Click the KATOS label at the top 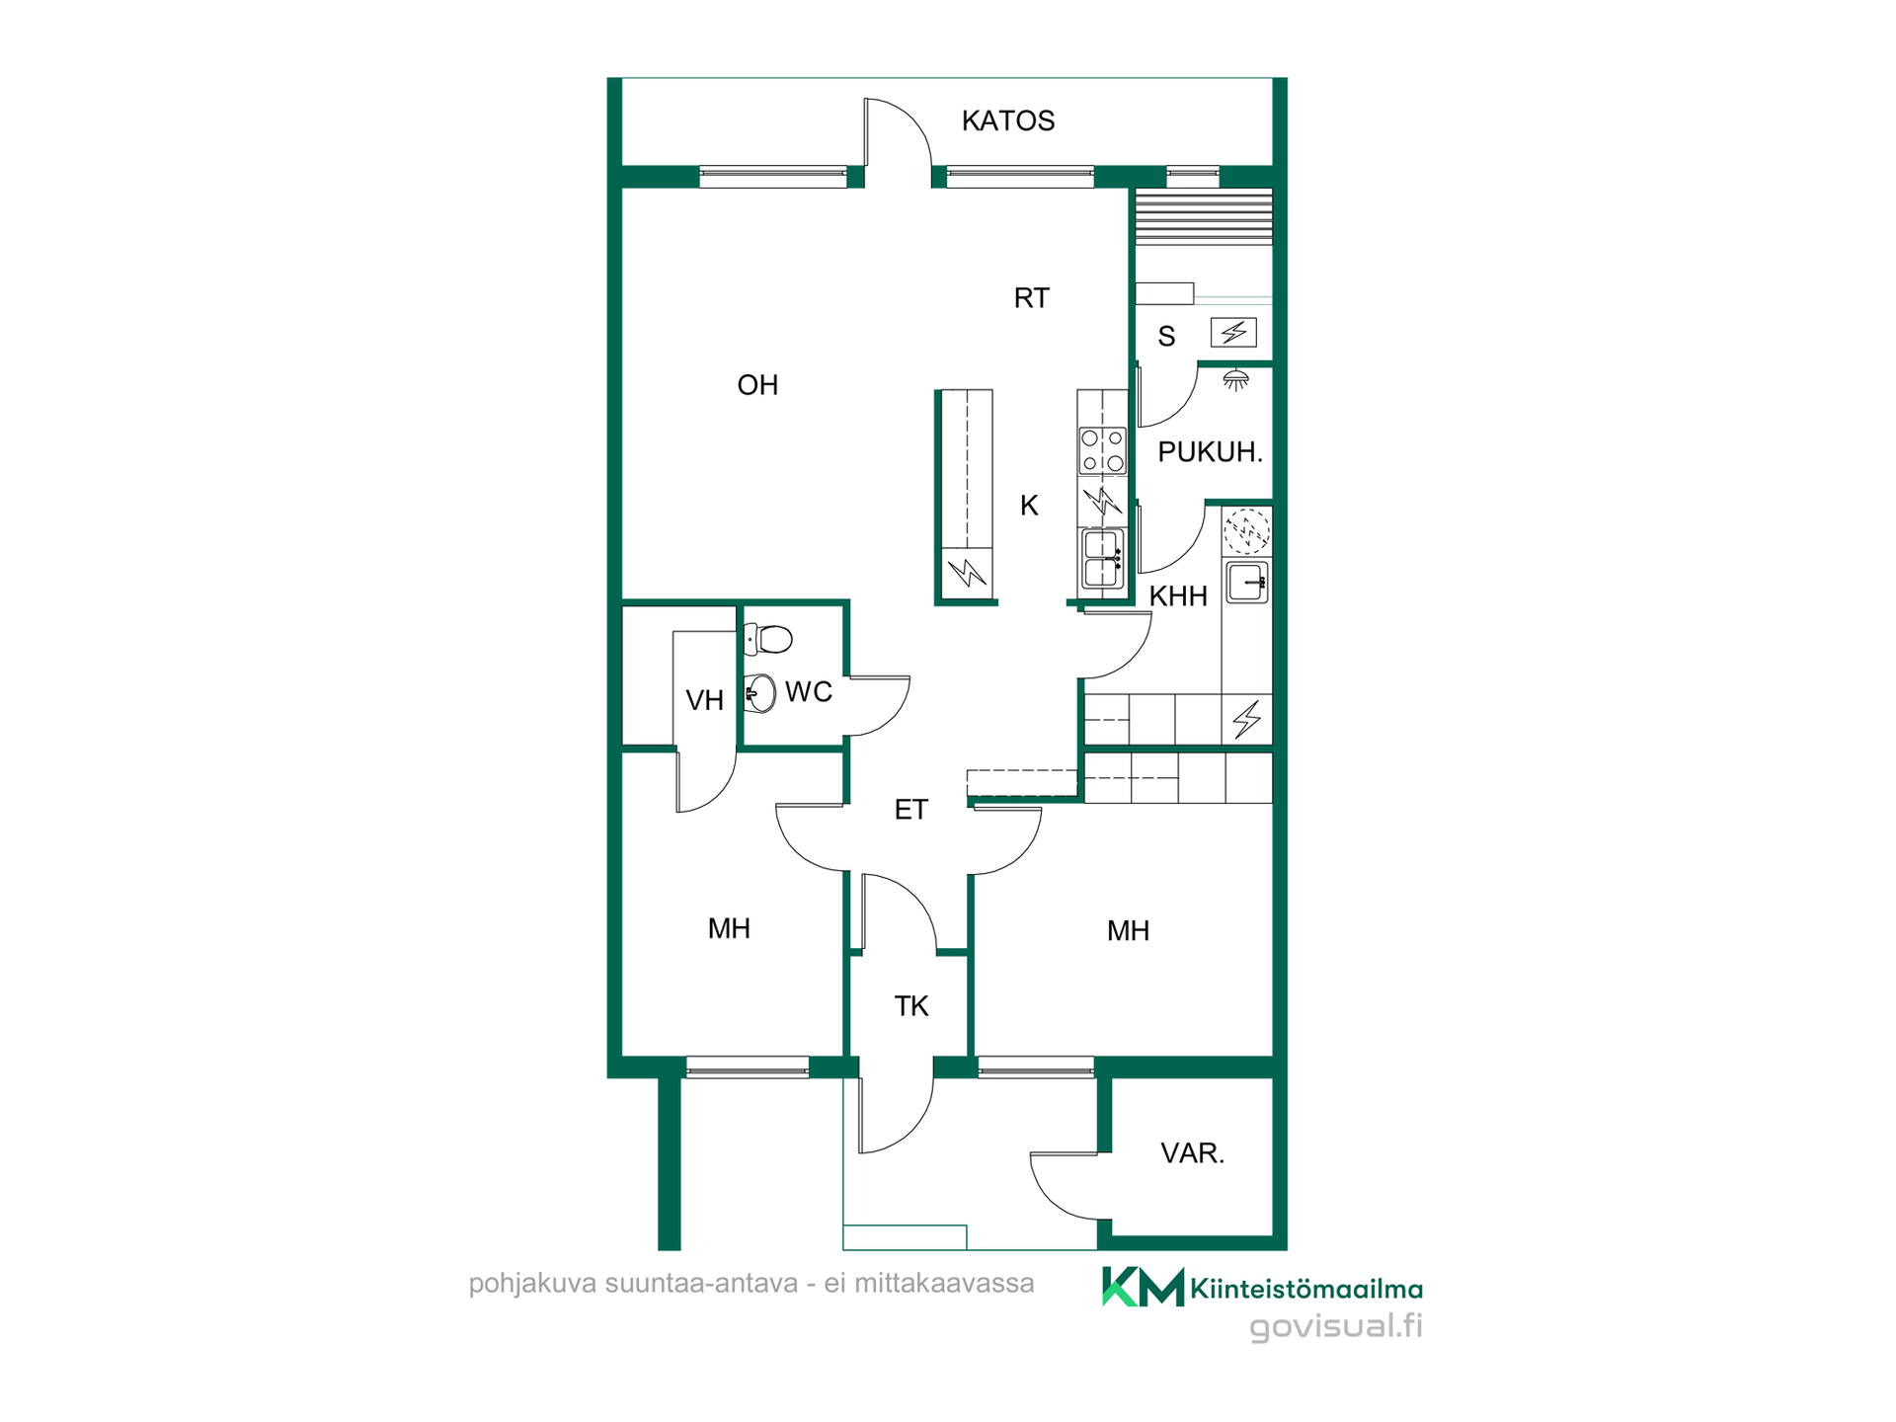(1008, 120)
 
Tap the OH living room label (757, 385)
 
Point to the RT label (1032, 298)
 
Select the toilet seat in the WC (768, 639)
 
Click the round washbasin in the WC (759, 693)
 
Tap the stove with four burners (1102, 449)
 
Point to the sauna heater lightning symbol (1234, 333)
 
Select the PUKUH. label (1211, 452)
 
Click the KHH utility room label (1178, 596)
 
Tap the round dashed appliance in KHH (1246, 531)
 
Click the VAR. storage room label (1193, 1153)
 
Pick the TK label (911, 1006)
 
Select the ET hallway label (910, 810)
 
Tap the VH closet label (705, 701)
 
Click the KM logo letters (1143, 1287)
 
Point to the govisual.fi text (1336, 1326)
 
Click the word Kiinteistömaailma (1306, 1289)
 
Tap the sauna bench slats (1204, 216)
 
